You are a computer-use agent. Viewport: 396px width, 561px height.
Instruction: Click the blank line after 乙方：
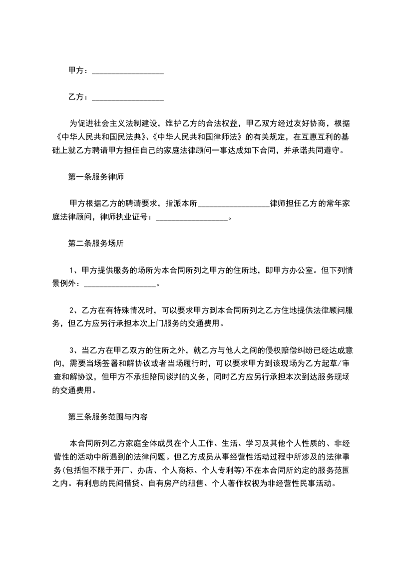(128, 97)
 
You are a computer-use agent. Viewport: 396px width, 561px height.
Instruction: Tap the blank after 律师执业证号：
(192, 217)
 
